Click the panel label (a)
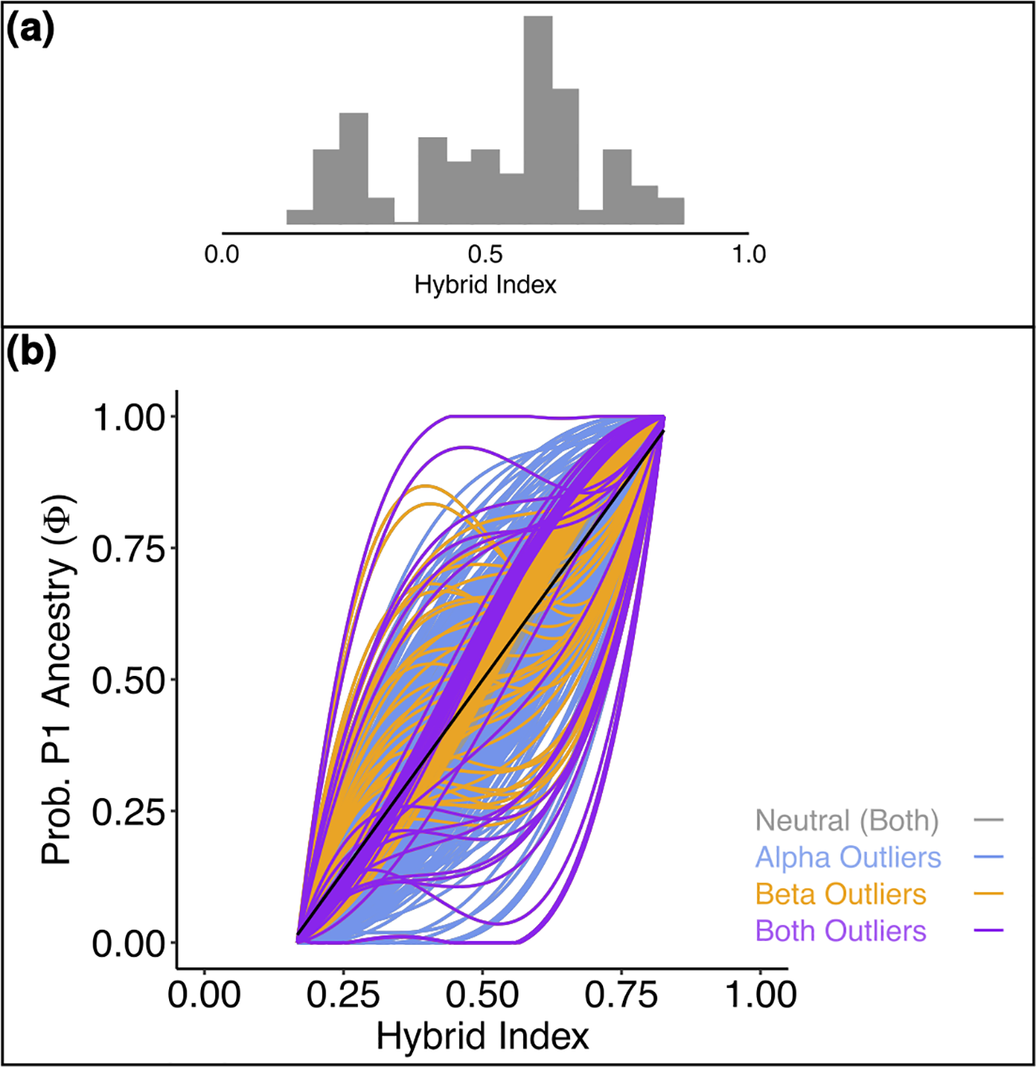click(x=30, y=31)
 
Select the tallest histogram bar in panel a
click(x=538, y=120)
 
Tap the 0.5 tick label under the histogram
click(x=485, y=255)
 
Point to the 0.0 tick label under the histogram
click(x=222, y=255)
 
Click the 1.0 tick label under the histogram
click(x=748, y=255)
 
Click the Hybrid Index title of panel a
click(x=485, y=285)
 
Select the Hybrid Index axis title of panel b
click(x=483, y=1037)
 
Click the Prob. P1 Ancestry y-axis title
click(x=57, y=680)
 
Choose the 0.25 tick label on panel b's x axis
click(x=343, y=995)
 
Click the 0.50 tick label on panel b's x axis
click(x=482, y=995)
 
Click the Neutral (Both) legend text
click(x=847, y=820)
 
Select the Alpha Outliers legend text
click(x=848, y=858)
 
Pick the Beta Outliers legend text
click(x=841, y=895)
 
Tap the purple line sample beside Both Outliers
click(x=989, y=931)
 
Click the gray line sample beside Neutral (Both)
click(x=989, y=820)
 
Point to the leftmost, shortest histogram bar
click(x=299, y=217)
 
